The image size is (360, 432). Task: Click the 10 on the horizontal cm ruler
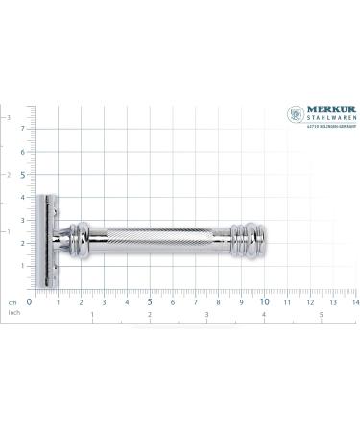pyautogui.click(x=263, y=301)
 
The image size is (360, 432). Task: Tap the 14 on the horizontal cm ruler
pyautogui.click(x=354, y=301)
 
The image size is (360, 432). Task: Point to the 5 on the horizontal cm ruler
pyautogui.click(x=149, y=301)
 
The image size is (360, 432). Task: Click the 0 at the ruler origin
pyautogui.click(x=31, y=301)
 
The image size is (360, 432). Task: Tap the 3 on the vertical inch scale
pyautogui.click(x=9, y=117)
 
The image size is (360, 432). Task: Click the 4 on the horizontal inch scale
pyautogui.click(x=264, y=314)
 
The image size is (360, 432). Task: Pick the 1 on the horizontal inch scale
pyautogui.click(x=92, y=314)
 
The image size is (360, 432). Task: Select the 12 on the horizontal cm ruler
pyautogui.click(x=309, y=301)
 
